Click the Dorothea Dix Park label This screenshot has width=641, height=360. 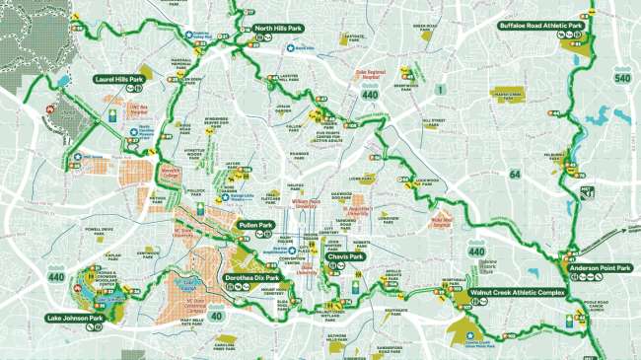[252, 278]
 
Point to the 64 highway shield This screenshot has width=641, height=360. [513, 175]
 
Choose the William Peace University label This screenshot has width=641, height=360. [315, 203]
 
